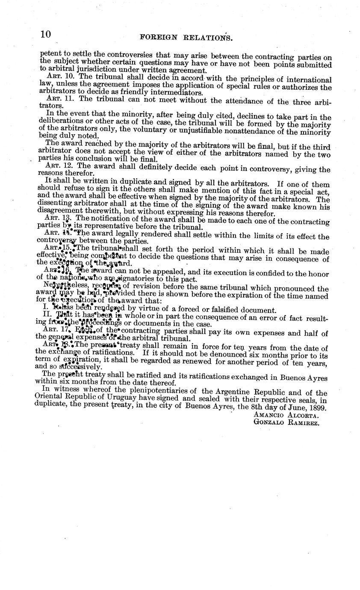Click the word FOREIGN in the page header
pos(158,37)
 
